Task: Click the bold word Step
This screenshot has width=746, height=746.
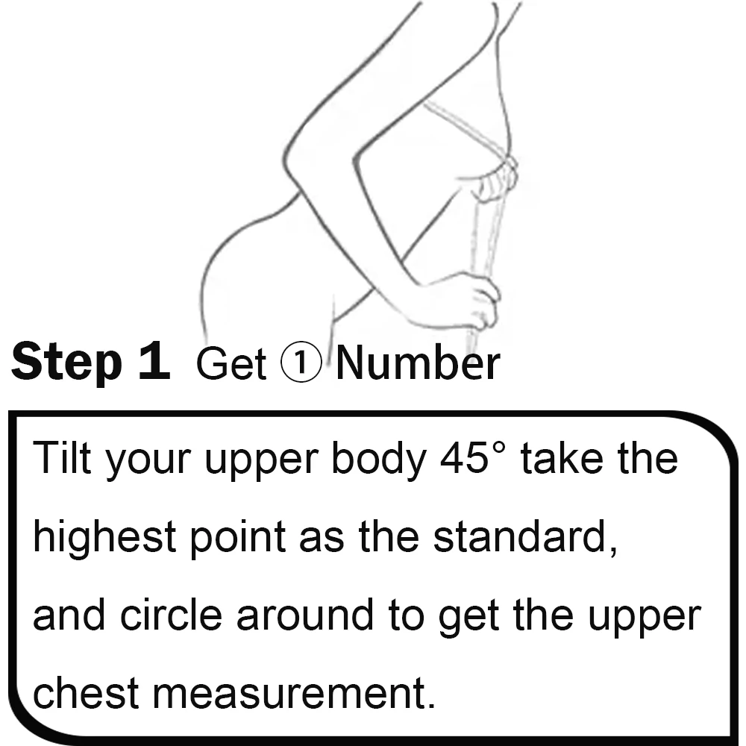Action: click(66, 362)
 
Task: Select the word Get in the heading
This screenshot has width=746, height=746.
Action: click(231, 364)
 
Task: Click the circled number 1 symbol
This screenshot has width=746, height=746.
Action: click(301, 363)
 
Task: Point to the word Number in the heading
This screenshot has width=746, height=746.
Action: click(419, 363)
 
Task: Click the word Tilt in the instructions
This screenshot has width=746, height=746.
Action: click(62, 458)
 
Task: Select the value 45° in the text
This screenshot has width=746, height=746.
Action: click(472, 458)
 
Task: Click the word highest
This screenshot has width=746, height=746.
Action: click(104, 538)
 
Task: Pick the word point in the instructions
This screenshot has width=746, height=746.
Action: click(238, 538)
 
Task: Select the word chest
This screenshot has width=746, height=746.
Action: click(86, 692)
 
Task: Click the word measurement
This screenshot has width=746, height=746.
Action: click(294, 694)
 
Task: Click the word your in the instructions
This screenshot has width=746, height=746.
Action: click(148, 463)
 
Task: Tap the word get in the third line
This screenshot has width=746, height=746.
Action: click(468, 618)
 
